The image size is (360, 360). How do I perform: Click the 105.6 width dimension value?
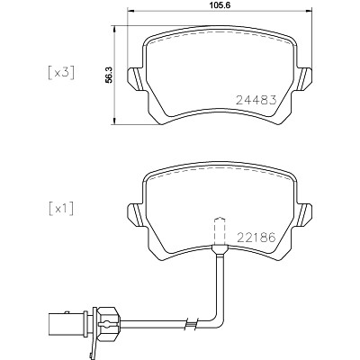[x=220, y=5]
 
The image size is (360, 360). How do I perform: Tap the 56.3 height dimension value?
[x=109, y=75]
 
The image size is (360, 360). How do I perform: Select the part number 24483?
[x=256, y=100]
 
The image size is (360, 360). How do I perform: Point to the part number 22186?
[x=256, y=238]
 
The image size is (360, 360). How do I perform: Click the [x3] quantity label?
[x=61, y=73]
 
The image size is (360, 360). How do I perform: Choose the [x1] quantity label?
[x=61, y=209]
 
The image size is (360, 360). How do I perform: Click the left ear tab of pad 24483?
[x=138, y=78]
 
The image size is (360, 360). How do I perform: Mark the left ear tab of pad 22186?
[x=138, y=215]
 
